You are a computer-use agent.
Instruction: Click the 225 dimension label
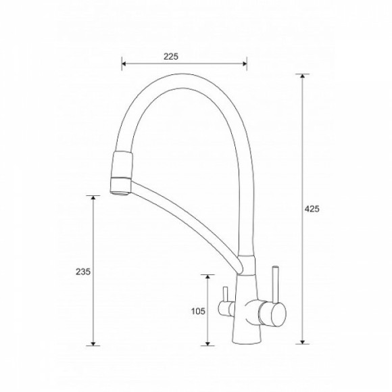pos(171,57)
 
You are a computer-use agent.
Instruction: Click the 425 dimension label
pos(312,208)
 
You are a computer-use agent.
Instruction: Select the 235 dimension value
pos(83,272)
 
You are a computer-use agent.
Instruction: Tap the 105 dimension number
pos(198,312)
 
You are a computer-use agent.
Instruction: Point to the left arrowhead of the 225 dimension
pos(125,64)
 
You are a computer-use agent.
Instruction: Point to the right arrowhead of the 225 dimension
pos(244,64)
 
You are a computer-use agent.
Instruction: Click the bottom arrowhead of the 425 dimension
pos(303,341)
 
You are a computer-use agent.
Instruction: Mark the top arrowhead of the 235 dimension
pos(93,198)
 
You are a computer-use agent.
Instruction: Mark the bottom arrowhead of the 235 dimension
pos(93,343)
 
